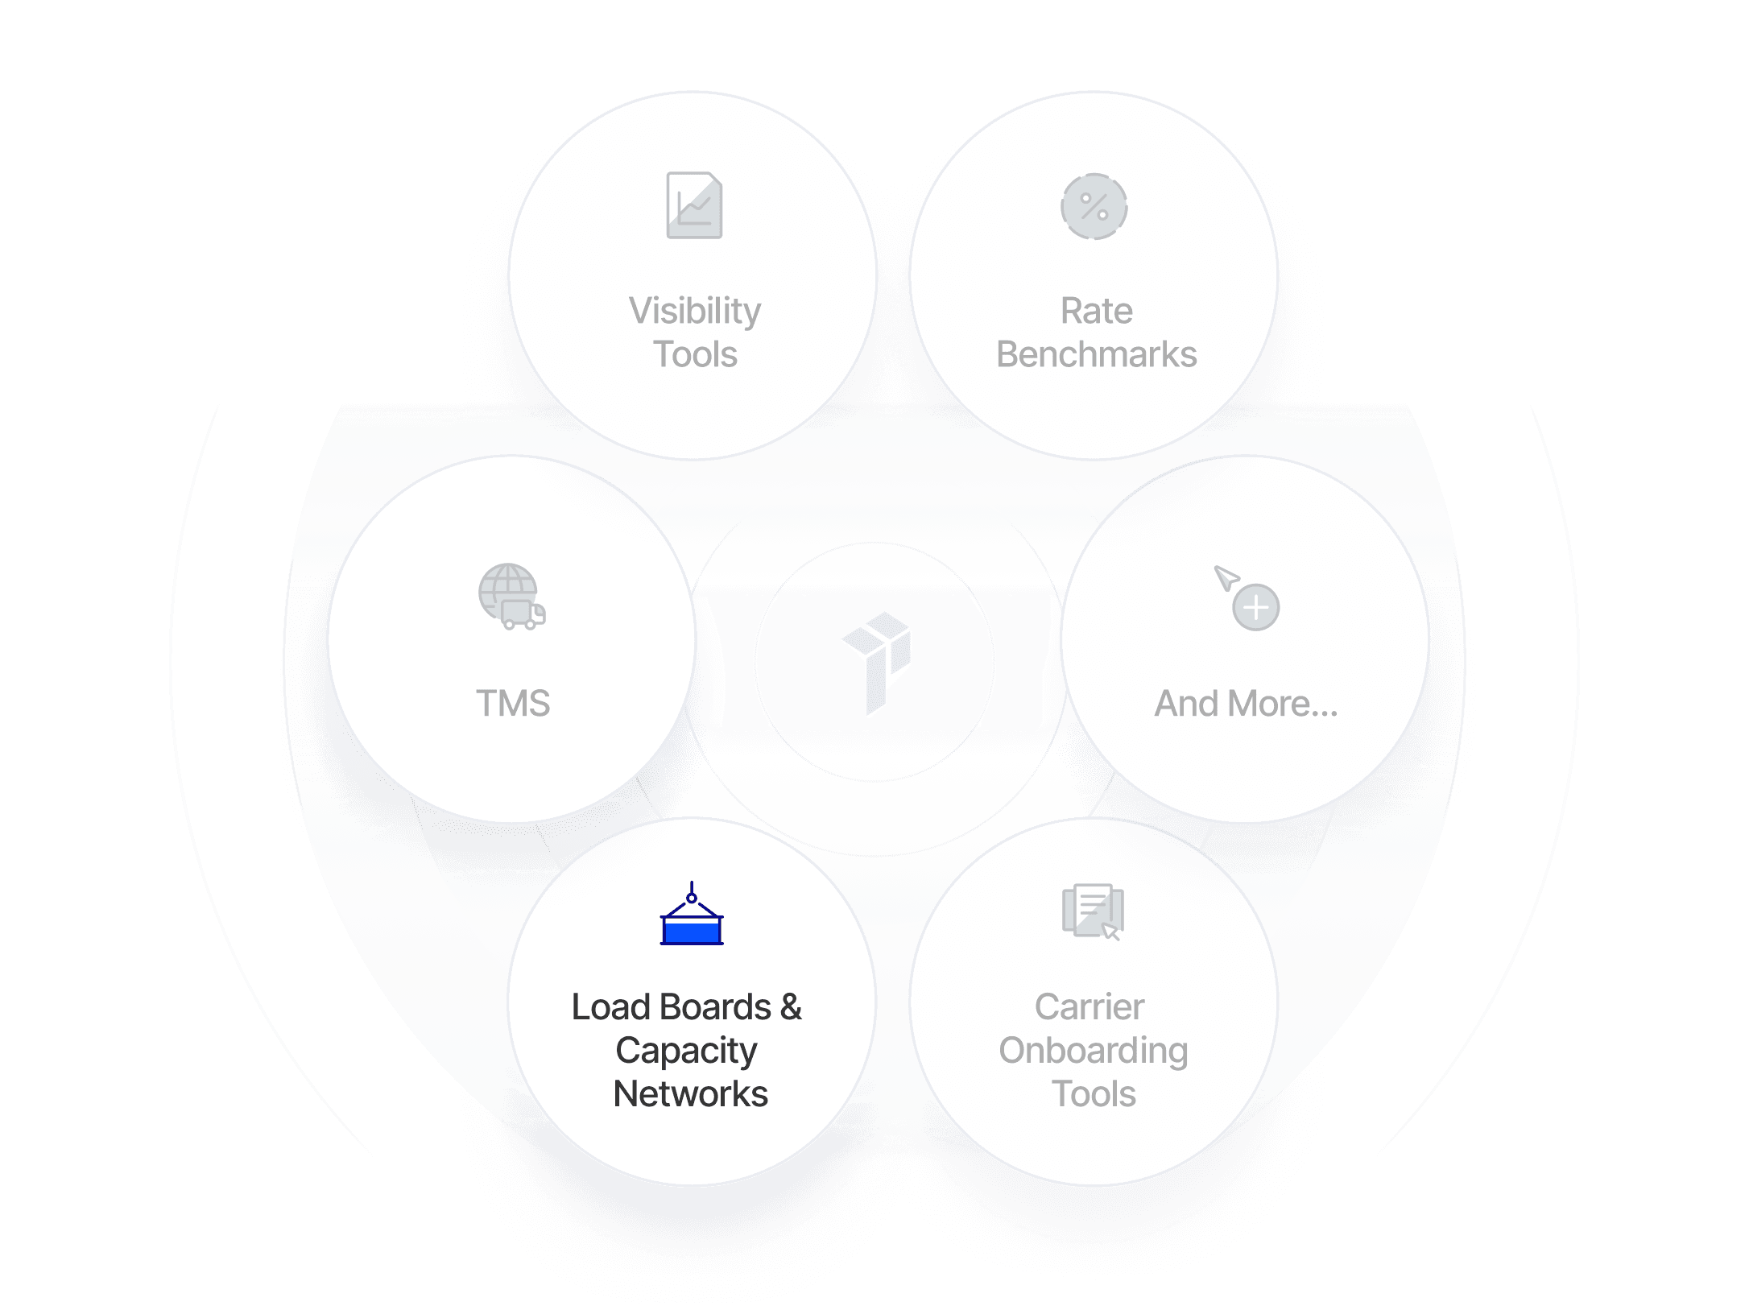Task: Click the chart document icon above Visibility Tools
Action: (x=694, y=205)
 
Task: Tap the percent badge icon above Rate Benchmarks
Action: (x=1094, y=206)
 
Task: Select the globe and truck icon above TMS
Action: (x=511, y=597)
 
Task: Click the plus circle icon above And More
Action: (x=1255, y=607)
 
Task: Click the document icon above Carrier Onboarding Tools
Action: (x=1093, y=911)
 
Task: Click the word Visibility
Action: (x=694, y=311)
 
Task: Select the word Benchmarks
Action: (x=1096, y=354)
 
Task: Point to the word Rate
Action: (x=1096, y=311)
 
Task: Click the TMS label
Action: (x=513, y=703)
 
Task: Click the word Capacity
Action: (x=686, y=1051)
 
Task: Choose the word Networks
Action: (x=690, y=1094)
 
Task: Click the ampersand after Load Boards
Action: (x=791, y=1007)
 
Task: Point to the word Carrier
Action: (x=1089, y=1007)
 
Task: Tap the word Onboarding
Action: (x=1093, y=1051)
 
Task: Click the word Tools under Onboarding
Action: (x=1094, y=1094)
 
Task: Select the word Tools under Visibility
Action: (x=694, y=354)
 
